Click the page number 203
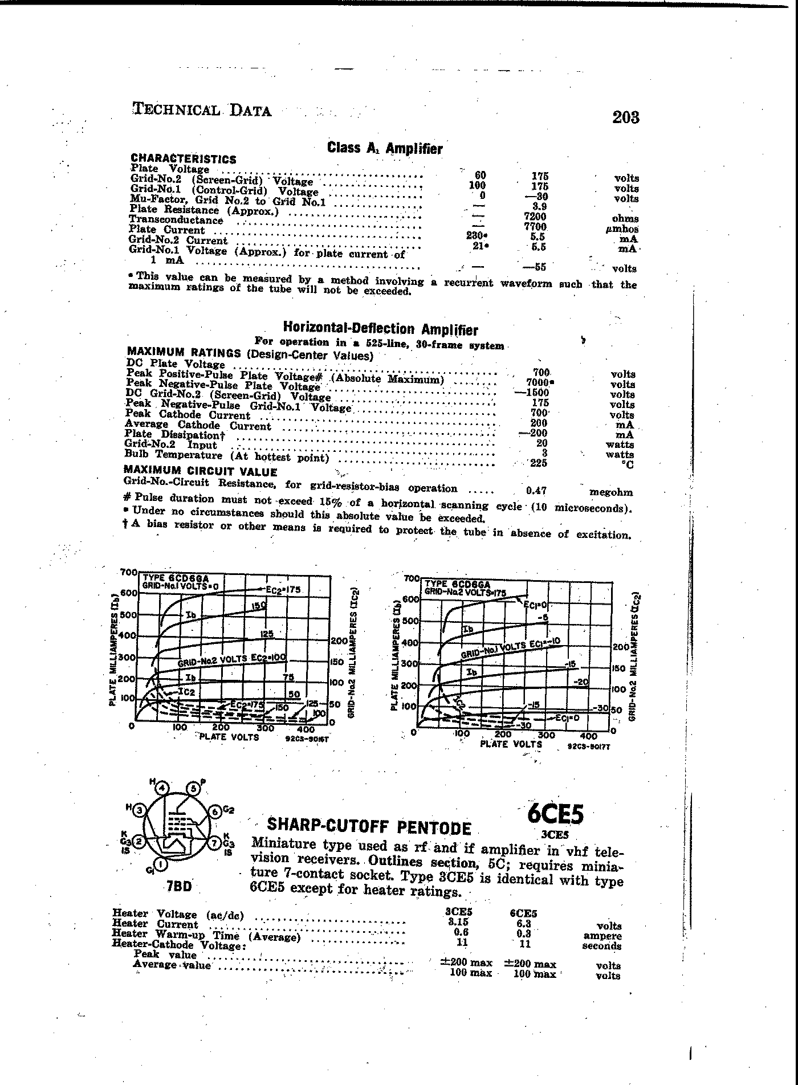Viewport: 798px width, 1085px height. click(626, 117)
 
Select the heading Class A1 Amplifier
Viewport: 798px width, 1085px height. click(385, 148)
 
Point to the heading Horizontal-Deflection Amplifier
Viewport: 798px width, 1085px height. click(380, 329)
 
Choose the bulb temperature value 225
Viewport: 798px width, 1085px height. click(538, 463)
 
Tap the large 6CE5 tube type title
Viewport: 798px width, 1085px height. click(555, 814)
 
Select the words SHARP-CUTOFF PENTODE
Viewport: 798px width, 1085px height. click(369, 826)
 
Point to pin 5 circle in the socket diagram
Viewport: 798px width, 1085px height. click(193, 789)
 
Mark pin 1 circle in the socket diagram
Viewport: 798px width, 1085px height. click(161, 865)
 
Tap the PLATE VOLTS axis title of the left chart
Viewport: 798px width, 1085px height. click(229, 737)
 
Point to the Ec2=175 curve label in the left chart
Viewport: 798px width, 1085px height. click(283, 589)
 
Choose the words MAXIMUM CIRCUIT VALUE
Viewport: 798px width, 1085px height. click(200, 472)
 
